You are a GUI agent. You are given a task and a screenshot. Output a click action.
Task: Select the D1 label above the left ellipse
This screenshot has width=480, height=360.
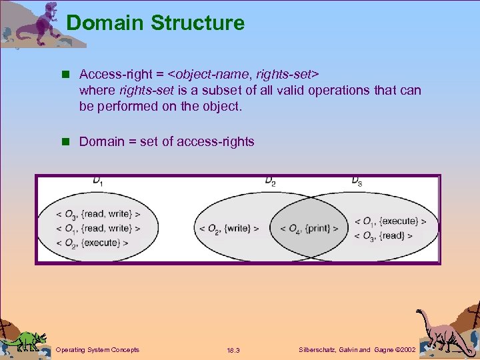click(x=98, y=181)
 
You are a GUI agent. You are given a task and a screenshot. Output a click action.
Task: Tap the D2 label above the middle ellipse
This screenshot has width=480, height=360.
click(x=270, y=181)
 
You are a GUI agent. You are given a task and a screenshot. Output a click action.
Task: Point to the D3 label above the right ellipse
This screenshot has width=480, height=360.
click(x=357, y=181)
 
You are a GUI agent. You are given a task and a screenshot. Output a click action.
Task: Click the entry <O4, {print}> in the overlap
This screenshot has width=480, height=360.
click(x=309, y=229)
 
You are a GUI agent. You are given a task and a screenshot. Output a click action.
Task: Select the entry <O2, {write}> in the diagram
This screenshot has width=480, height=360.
click(x=229, y=229)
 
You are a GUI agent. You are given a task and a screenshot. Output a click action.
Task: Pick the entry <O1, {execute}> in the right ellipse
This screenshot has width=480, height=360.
click(x=390, y=221)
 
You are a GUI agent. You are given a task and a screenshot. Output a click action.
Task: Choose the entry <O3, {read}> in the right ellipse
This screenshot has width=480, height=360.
click(x=383, y=235)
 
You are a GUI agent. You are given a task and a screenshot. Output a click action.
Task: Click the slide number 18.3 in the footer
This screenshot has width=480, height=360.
click(x=233, y=350)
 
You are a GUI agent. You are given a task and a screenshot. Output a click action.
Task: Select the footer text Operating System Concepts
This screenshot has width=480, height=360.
click(x=97, y=349)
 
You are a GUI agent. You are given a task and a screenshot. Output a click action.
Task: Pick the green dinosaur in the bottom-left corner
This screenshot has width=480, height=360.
click(x=26, y=340)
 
